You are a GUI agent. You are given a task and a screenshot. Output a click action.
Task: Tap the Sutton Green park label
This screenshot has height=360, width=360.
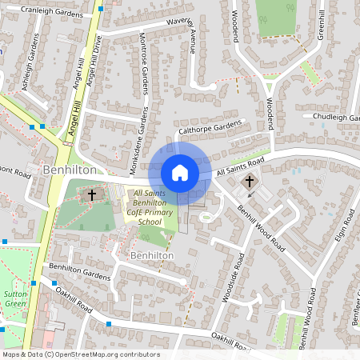pos(14,299)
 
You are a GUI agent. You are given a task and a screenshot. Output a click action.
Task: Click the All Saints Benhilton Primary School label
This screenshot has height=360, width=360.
pos(154,207)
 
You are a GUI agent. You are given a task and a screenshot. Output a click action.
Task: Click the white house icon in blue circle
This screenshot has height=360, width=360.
pos(180,172)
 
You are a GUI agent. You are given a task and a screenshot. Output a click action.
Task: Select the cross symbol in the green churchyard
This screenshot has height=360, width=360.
pos(91,194)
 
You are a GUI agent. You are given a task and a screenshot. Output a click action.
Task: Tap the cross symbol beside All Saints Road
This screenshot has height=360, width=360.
pos(250,182)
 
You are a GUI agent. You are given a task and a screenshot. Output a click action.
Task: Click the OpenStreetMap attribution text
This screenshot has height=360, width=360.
pos(81,354)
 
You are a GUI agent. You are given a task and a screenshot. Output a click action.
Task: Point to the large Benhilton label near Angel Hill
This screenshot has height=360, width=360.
pos(70,170)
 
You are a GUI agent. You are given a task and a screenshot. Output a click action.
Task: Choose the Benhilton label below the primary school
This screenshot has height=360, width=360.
pos(151,254)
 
